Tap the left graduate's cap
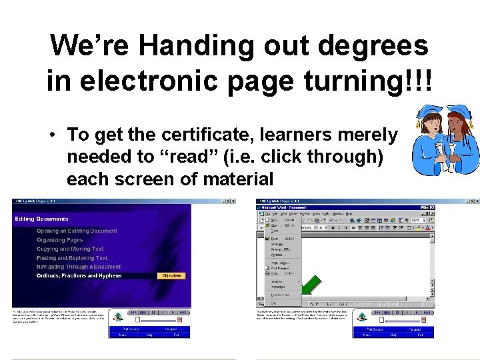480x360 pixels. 427,113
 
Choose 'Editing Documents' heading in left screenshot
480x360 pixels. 41,219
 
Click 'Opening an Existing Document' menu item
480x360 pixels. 77,231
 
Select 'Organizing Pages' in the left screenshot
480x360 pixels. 60,240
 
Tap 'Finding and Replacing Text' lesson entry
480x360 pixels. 72,258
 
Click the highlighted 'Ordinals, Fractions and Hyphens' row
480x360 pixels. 79,275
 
